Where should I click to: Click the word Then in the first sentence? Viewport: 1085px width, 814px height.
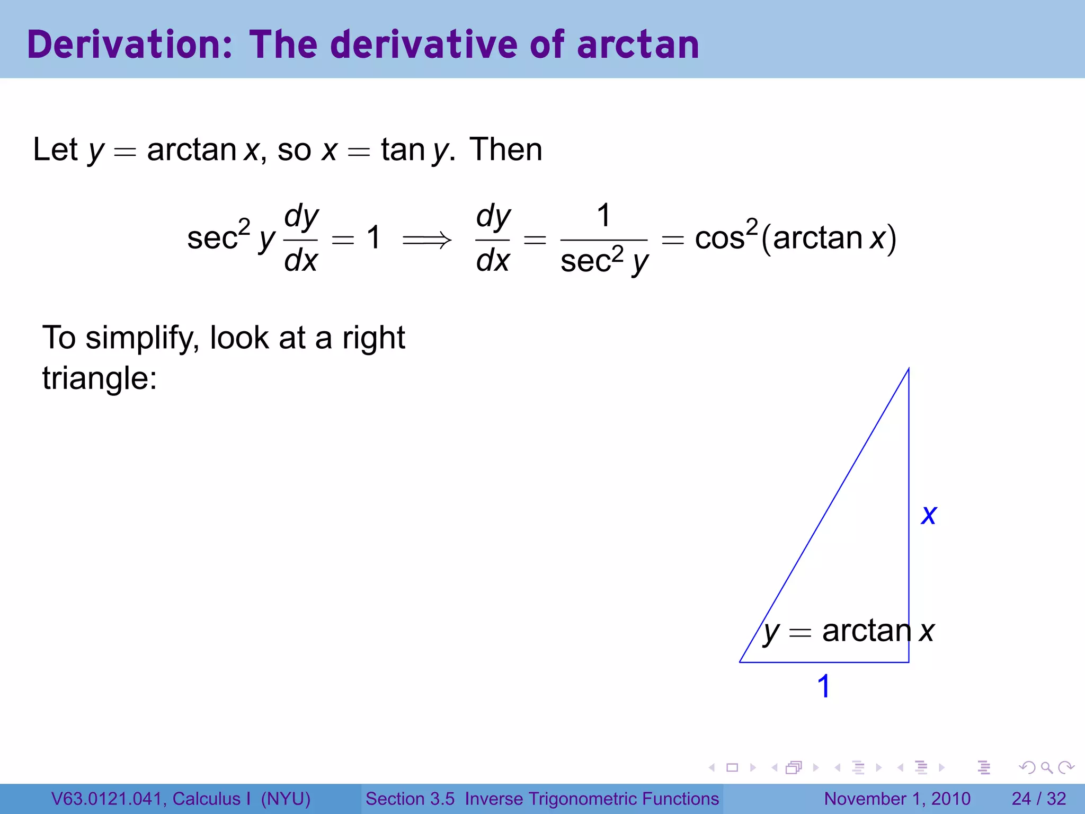click(506, 149)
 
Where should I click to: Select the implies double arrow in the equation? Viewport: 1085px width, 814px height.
click(427, 240)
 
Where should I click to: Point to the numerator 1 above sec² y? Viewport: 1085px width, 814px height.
click(603, 216)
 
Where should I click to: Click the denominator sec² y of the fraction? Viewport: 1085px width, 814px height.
click(604, 261)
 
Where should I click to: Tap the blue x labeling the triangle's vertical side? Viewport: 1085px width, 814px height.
click(929, 515)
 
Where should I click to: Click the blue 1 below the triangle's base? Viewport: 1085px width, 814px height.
click(823, 686)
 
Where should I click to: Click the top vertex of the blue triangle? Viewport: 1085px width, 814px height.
click(909, 369)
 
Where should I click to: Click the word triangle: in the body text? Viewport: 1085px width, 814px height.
click(100, 378)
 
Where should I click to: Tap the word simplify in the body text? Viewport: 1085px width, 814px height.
click(142, 338)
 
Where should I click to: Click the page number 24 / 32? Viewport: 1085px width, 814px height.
click(1038, 799)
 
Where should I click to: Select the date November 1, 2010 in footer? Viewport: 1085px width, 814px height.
click(897, 799)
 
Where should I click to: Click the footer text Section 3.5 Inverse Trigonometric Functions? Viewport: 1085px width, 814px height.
click(542, 799)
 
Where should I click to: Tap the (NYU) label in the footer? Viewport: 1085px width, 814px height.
click(286, 799)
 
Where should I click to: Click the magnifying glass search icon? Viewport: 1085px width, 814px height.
click(1046, 767)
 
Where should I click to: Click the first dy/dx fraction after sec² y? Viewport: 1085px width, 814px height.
click(301, 238)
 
